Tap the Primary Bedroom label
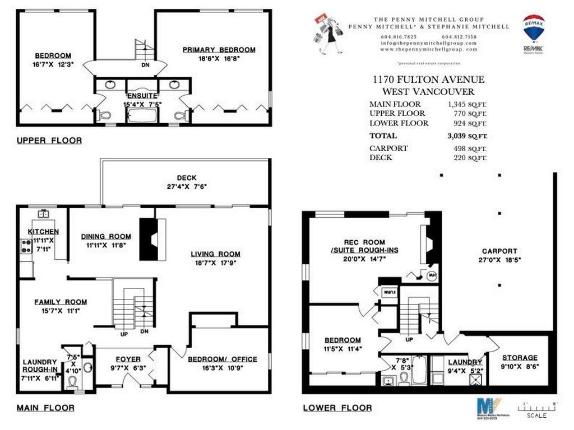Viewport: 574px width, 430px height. click(219, 50)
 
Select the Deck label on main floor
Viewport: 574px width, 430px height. click(187, 178)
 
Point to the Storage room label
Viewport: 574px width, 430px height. click(520, 357)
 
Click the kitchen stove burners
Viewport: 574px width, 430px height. click(26, 245)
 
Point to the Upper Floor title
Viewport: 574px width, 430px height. click(49, 141)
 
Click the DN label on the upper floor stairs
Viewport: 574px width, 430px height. click(144, 64)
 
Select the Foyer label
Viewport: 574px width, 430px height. click(128, 359)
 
